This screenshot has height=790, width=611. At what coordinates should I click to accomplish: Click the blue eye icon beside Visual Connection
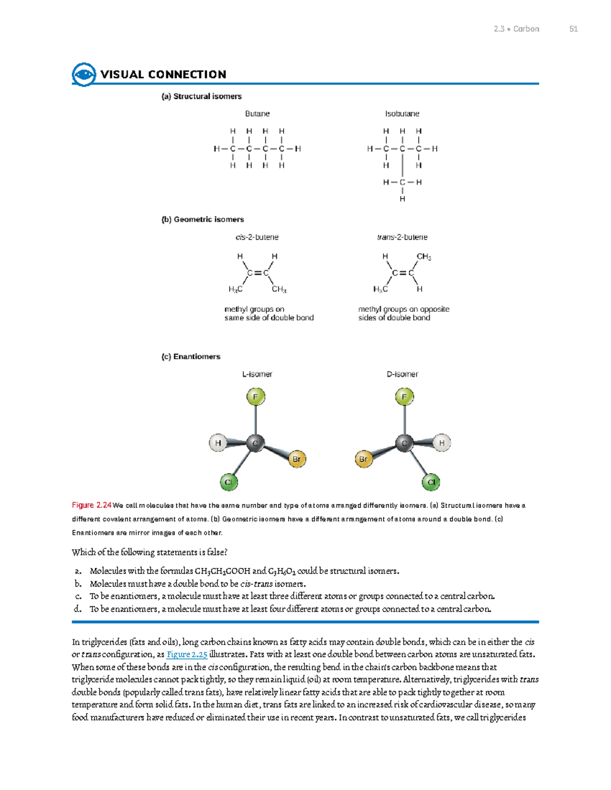(84, 75)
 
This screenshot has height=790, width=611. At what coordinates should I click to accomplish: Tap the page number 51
(573, 29)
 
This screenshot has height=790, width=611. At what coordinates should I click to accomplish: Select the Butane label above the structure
(257, 114)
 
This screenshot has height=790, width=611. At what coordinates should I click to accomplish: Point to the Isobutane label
(402, 114)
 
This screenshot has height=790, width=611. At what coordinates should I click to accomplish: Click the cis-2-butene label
(257, 237)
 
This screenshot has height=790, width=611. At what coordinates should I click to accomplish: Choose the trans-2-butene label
(402, 237)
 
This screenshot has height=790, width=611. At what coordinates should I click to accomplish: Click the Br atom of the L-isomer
(296, 459)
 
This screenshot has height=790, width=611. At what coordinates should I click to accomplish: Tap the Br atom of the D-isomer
(364, 459)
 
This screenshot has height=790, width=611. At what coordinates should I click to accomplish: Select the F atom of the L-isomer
(256, 397)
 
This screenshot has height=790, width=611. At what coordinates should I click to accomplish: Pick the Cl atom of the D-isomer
(431, 482)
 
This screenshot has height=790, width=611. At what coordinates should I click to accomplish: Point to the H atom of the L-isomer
(218, 443)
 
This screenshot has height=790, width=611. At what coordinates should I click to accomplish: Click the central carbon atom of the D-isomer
(404, 443)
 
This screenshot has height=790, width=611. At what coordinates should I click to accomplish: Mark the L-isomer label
(257, 374)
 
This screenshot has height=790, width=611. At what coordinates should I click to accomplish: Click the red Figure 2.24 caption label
(92, 505)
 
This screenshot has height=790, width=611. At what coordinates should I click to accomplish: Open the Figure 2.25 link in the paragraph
(187, 655)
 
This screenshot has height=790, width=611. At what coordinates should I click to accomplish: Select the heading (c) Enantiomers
(191, 357)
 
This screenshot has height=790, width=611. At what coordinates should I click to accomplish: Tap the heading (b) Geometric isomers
(203, 220)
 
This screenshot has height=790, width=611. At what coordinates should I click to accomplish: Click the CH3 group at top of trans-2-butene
(424, 257)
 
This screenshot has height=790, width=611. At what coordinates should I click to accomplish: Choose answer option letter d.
(77, 609)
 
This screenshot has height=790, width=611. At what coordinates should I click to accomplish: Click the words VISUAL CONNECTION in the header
(163, 75)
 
